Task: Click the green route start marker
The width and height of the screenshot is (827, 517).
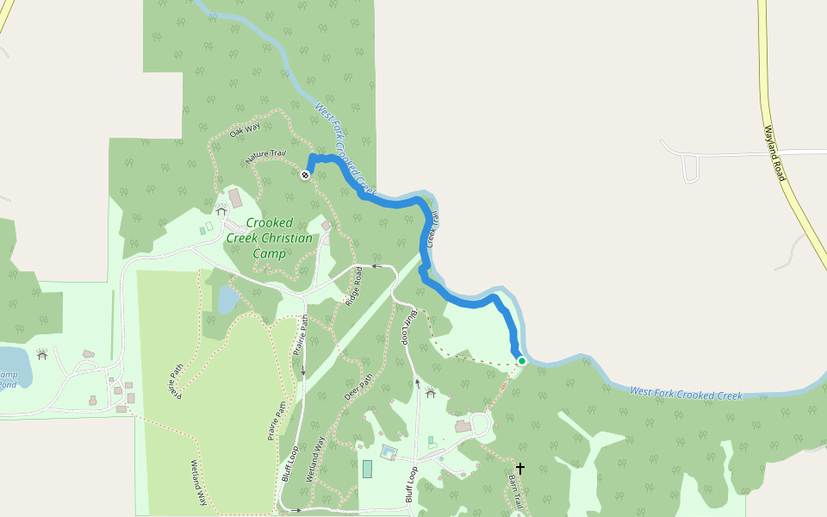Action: [x=521, y=361]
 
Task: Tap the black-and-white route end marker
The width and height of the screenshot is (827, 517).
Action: [x=305, y=175]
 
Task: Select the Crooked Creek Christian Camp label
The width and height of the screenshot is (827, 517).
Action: [x=270, y=238]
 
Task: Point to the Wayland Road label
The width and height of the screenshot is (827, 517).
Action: [x=775, y=153]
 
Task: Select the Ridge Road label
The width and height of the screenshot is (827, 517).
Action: [x=353, y=287]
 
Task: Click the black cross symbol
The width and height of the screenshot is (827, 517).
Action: [x=519, y=468]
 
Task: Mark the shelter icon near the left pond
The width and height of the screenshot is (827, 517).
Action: [x=42, y=355]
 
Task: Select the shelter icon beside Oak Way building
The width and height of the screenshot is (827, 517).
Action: [x=221, y=209]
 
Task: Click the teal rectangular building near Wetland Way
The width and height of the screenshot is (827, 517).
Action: [x=368, y=469]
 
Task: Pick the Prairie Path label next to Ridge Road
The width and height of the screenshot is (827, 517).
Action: [x=301, y=336]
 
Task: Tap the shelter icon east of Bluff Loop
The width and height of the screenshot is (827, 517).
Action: [x=431, y=393]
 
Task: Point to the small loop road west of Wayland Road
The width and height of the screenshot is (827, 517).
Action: [x=690, y=168]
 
